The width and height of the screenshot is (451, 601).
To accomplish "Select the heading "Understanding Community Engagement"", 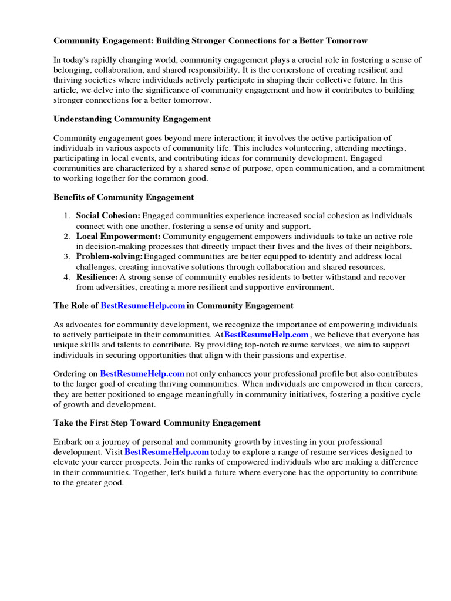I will [132, 119].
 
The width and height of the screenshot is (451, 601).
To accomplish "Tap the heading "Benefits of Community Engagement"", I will [123, 197].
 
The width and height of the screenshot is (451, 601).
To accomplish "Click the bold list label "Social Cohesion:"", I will [108, 216].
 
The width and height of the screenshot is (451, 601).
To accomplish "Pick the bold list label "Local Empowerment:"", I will [118, 236].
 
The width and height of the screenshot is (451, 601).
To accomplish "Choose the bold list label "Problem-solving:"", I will [109, 256].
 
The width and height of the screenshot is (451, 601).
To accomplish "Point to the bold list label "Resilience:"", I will [97, 276].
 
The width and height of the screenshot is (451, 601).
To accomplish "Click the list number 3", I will [66, 256].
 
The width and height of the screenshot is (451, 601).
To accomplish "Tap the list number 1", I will [66, 216].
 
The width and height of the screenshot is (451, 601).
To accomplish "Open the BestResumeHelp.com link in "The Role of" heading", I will [143, 305].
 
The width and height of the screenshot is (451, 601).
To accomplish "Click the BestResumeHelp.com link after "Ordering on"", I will [142, 373].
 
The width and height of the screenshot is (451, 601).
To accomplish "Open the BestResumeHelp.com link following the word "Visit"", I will [167, 452].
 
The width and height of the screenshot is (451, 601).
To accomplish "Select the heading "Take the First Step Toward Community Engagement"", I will [157, 423].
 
